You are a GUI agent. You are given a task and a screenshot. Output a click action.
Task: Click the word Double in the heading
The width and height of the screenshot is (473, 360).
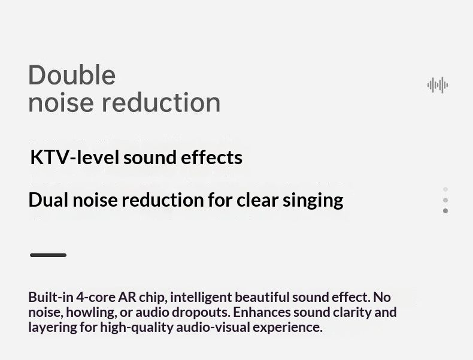point(72,75)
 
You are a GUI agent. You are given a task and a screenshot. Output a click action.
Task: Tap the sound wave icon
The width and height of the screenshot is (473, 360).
point(438,85)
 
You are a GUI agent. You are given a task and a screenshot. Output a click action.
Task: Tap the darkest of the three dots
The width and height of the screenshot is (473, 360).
point(445,211)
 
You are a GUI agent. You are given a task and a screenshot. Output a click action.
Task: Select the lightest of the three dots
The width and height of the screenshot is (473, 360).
point(445,189)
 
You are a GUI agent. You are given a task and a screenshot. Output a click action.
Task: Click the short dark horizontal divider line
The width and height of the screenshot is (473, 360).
point(48,255)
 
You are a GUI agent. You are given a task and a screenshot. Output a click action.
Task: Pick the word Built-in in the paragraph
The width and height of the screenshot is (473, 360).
point(51,297)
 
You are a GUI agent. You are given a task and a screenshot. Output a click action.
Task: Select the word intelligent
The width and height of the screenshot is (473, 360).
point(201,298)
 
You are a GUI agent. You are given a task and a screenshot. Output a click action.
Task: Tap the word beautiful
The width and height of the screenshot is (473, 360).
point(262,297)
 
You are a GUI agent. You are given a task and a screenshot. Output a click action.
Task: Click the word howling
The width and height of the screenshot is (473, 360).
point(91,313)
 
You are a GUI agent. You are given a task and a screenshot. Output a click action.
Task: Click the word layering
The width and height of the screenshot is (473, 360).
point(53,328)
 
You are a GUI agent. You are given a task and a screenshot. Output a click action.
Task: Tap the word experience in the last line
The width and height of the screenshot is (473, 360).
point(287,328)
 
